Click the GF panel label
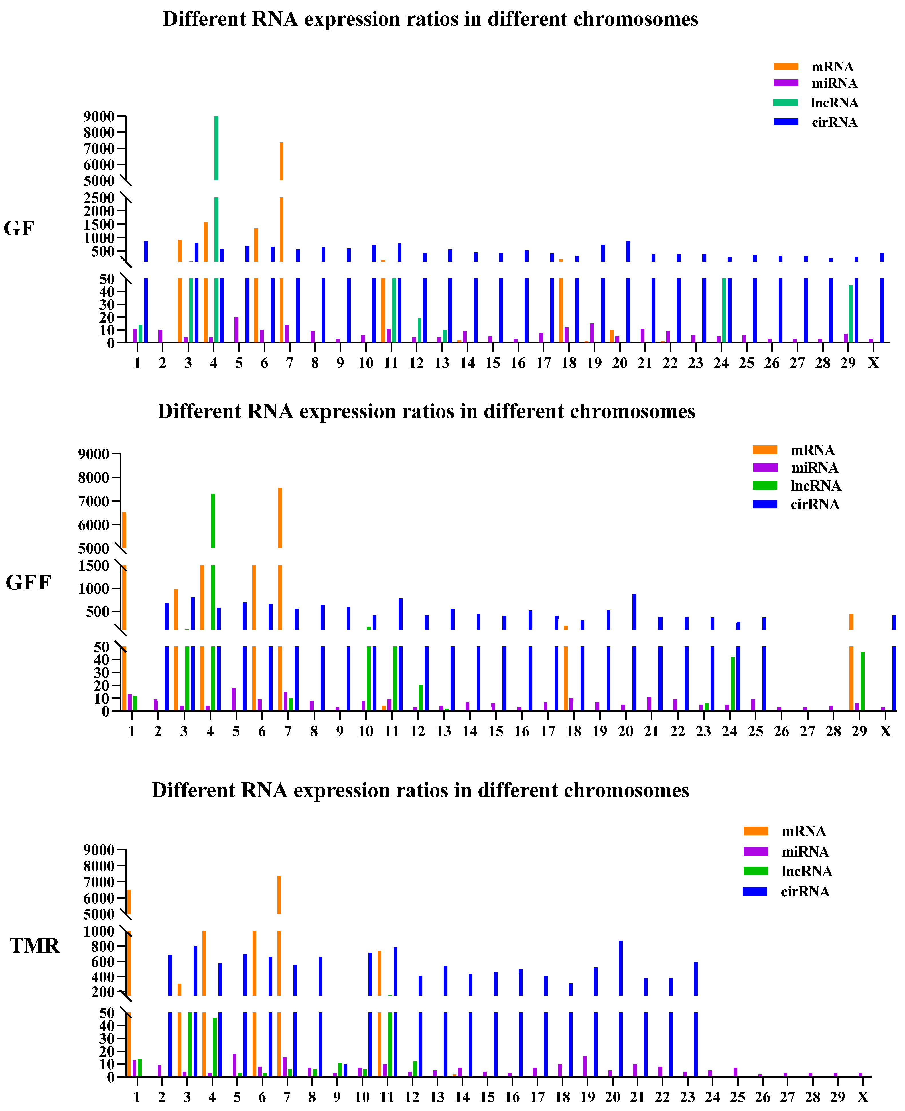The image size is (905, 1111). [x=19, y=229]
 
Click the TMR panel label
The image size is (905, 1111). [x=34, y=945]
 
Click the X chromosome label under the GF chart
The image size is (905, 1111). [x=873, y=363]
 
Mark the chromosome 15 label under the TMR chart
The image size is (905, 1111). [x=487, y=1098]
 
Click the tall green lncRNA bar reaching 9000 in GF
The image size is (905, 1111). [x=216, y=149]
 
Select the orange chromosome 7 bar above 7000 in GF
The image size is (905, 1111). [x=281, y=162]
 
